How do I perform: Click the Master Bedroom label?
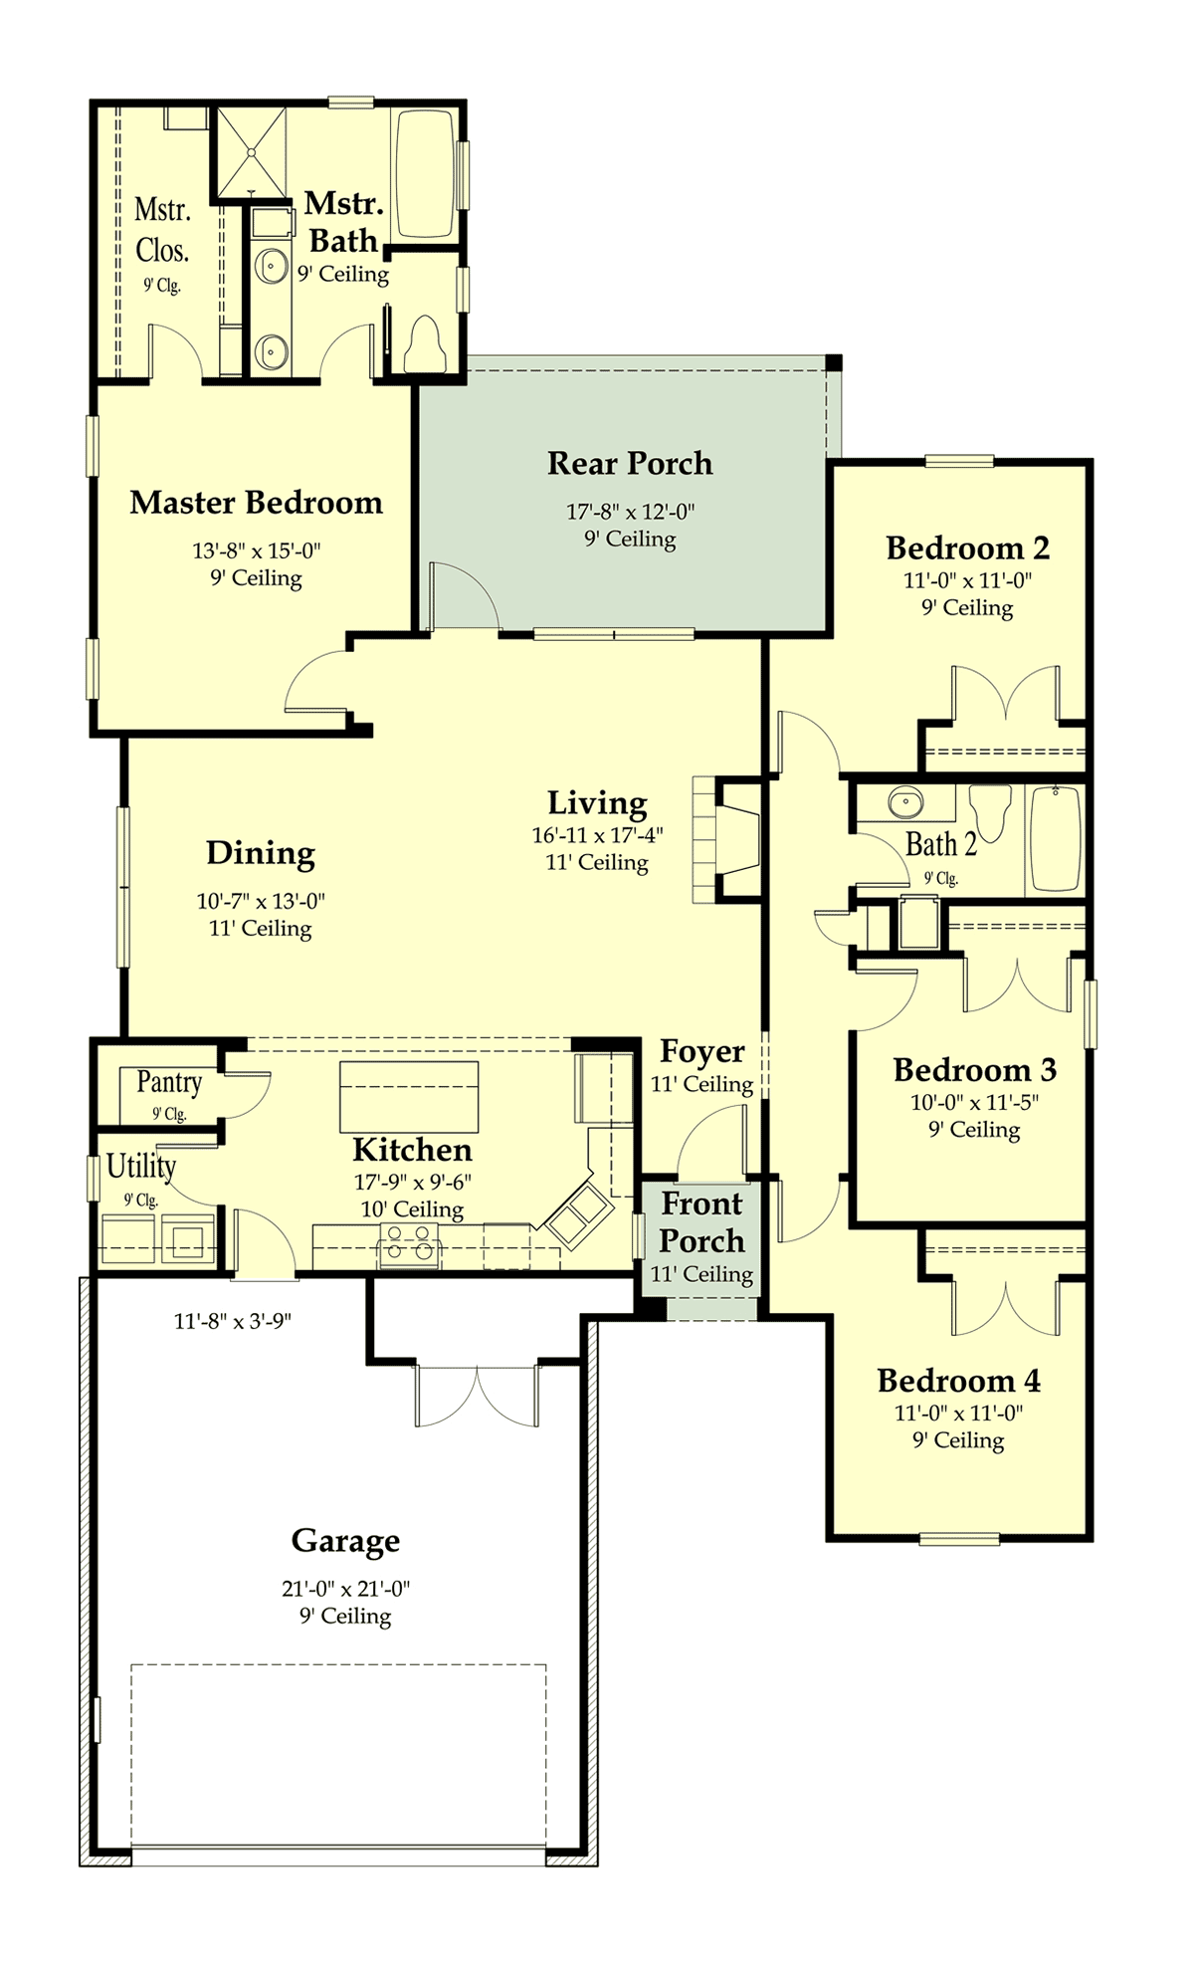coord(256,503)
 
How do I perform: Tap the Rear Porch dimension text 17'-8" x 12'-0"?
coord(631,512)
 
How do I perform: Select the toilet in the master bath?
coord(425,343)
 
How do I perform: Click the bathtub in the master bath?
coord(426,174)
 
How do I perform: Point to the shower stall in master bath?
coord(251,152)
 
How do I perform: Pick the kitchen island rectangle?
coord(409,1097)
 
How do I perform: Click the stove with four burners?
coord(409,1245)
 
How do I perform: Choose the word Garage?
coord(345,1541)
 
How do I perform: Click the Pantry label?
coord(169,1082)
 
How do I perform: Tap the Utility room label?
coord(141,1166)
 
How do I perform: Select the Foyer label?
coord(702,1052)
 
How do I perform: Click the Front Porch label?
coord(702,1222)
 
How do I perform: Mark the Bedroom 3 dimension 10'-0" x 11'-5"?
coord(975,1103)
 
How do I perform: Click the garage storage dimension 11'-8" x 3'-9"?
coord(233,1322)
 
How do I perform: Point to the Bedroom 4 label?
coord(958,1381)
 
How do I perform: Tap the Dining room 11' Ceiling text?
coord(261,928)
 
